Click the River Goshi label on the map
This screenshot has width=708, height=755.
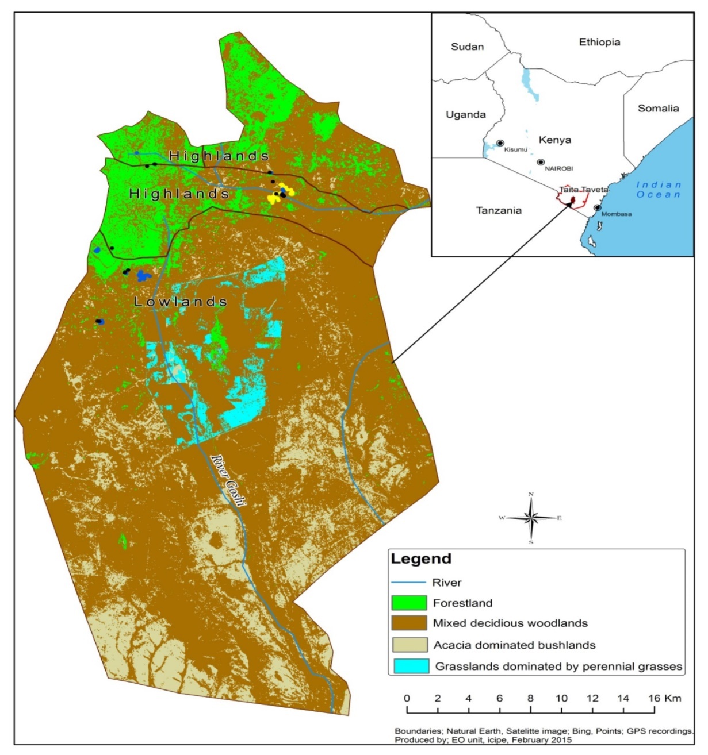(228, 480)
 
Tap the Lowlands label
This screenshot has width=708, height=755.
(181, 302)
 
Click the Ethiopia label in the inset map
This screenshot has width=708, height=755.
(599, 42)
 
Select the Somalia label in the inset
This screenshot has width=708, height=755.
(658, 108)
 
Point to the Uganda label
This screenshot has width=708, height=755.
(465, 114)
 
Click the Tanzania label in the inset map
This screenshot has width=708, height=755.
(498, 210)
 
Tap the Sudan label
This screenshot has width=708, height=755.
(467, 47)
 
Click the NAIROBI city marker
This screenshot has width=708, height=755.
(541, 162)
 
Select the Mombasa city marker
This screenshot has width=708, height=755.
(597, 207)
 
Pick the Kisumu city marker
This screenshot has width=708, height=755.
(500, 142)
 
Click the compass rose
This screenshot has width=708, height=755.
(531, 518)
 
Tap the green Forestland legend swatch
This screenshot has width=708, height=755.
(409, 603)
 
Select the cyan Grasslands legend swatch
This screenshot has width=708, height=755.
(409, 666)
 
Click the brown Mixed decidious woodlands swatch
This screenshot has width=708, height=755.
(409, 623)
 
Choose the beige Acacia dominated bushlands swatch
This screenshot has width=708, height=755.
(409, 645)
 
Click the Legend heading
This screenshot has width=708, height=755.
(421, 558)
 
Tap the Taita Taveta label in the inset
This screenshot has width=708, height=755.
(583, 190)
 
